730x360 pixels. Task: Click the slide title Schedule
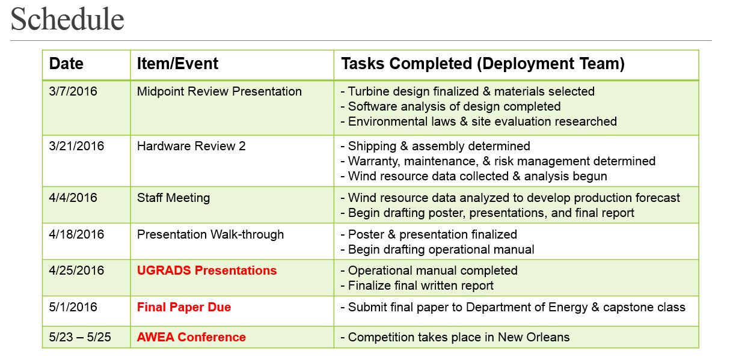[67, 19]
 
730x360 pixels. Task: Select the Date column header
[66, 63]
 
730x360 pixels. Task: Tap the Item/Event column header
[177, 63]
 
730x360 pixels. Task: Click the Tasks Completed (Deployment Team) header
[483, 64]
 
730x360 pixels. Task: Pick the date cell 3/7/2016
[73, 91]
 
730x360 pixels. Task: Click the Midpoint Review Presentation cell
[219, 91]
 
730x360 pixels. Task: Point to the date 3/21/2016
[76, 146]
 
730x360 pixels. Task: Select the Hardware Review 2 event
[191, 146]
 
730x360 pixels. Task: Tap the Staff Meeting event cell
[173, 198]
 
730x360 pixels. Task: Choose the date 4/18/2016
[76, 234]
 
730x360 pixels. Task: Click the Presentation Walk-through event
[210, 234]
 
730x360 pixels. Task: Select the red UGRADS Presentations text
[207, 270]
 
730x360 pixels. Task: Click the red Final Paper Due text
[184, 307]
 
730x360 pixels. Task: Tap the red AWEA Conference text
[191, 337]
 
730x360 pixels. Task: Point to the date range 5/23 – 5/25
[80, 337]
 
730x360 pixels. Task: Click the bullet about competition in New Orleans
[455, 337]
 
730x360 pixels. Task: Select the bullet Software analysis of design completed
[450, 106]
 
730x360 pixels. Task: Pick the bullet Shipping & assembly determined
[435, 146]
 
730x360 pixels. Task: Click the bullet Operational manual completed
[429, 270]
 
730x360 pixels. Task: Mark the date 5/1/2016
[73, 307]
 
